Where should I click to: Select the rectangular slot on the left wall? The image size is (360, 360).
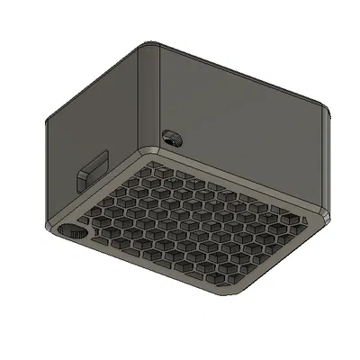[x=94, y=167]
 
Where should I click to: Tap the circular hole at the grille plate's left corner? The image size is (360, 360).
[x=71, y=230]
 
